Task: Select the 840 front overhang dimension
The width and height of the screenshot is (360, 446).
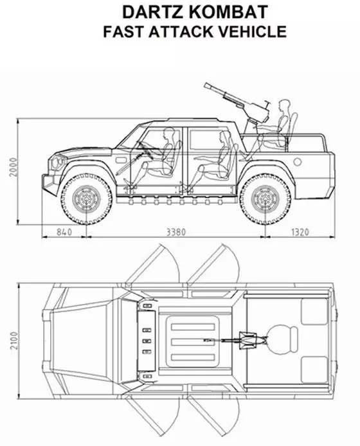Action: (64, 232)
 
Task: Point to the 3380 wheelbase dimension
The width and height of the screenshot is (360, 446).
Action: (176, 232)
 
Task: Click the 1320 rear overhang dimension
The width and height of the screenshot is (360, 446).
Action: (300, 232)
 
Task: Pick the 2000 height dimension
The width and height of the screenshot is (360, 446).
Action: (14, 167)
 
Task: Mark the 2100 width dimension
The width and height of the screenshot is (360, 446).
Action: (14, 341)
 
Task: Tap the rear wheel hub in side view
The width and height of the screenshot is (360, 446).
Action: (265, 199)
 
